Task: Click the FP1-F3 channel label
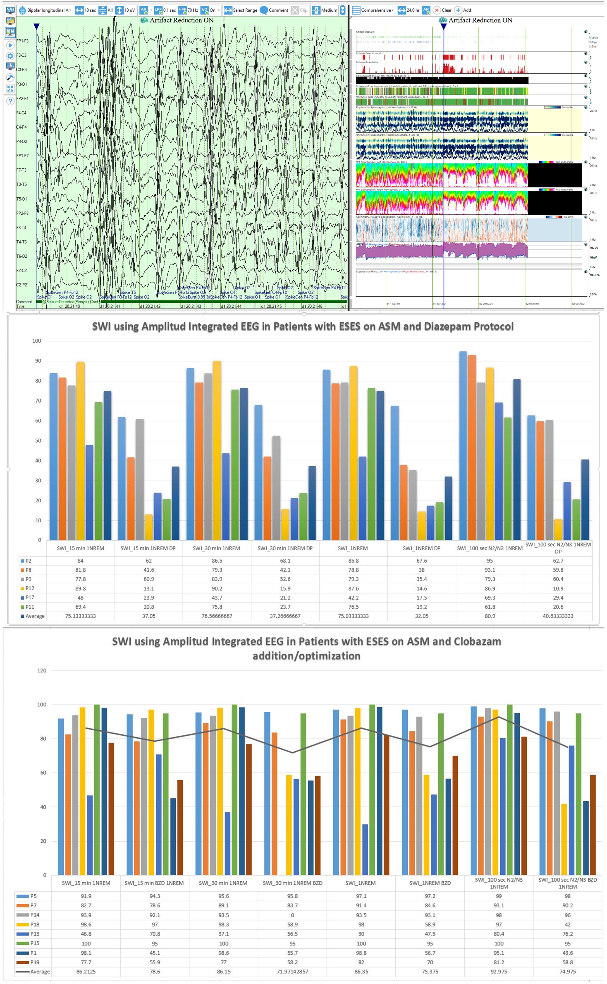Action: click(x=22, y=41)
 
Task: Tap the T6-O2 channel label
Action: click(x=22, y=256)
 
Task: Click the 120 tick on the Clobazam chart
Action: click(x=42, y=670)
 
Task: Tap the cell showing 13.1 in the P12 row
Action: click(x=148, y=588)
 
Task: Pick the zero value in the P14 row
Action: click(x=292, y=915)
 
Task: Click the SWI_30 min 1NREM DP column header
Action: click(x=285, y=548)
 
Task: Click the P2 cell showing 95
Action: click(x=490, y=561)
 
